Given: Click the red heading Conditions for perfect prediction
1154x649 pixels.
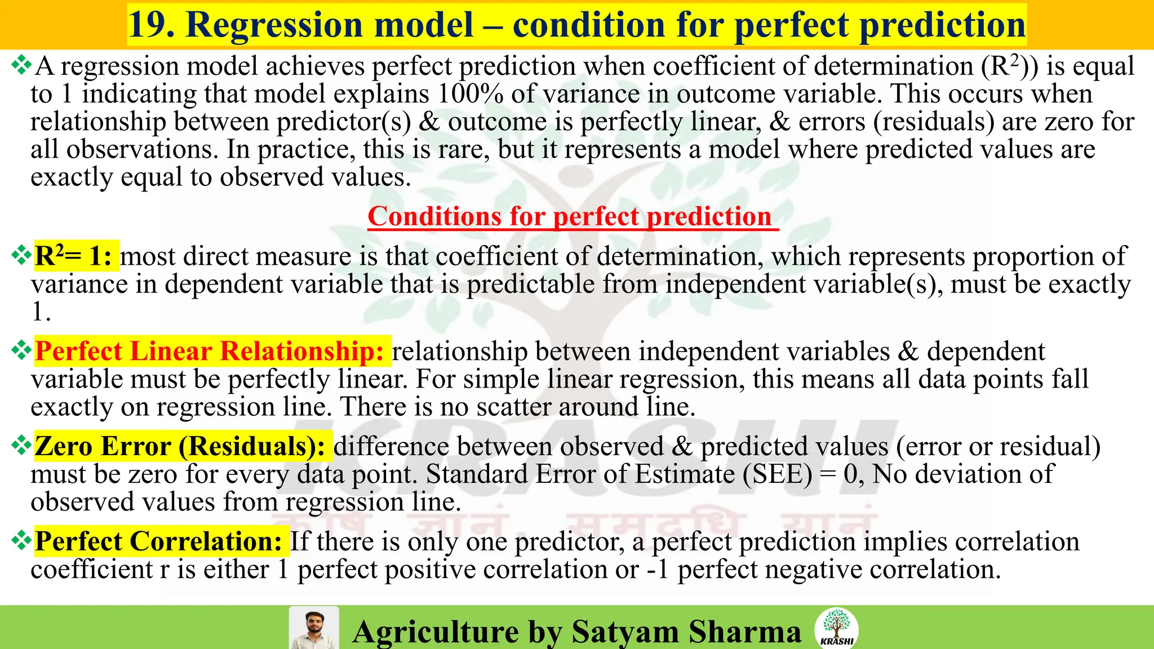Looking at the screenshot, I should tap(570, 216).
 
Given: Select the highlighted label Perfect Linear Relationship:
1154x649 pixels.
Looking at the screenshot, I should tap(210, 352).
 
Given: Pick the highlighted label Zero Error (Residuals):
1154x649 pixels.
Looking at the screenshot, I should tap(180, 447).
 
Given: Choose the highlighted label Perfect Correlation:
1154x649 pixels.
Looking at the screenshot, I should tap(158, 541).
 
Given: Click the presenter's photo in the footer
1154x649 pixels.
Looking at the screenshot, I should tap(313, 628).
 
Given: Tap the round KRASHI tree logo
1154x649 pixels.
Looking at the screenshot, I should tap(836, 628).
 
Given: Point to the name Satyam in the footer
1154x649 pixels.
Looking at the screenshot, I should tap(625, 632).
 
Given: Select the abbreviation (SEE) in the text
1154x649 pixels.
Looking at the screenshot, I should tap(778, 474).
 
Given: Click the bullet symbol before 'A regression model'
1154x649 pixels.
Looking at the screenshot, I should tap(21, 66).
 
